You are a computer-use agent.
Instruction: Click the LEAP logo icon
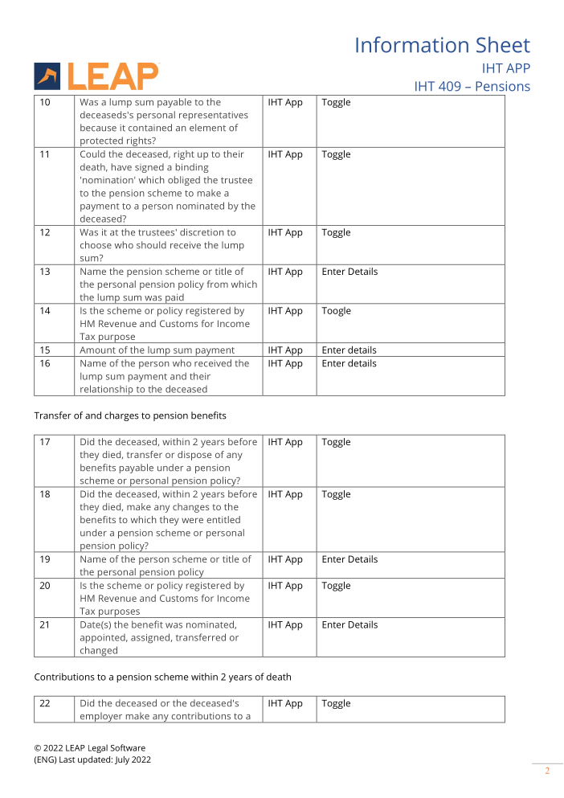[47, 76]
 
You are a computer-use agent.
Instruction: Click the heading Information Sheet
[442, 45]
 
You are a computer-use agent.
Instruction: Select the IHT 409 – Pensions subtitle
[472, 86]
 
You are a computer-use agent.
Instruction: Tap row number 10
[45, 103]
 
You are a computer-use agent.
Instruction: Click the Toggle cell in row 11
[336, 154]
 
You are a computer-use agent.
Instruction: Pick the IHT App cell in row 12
[285, 233]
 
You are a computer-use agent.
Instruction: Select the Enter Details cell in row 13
[349, 272]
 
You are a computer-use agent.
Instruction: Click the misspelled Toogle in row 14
[336, 311]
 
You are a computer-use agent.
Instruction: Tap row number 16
[45, 363]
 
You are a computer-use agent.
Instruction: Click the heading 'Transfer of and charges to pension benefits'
[130, 415]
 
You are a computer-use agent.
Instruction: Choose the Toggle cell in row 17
[336, 442]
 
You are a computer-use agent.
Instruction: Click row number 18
[45, 494]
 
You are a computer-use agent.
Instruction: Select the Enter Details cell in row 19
[349, 559]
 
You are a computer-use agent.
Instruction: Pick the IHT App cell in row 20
[285, 586]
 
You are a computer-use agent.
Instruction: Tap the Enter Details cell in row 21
[349, 624]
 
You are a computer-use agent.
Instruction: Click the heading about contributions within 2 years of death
[162, 677]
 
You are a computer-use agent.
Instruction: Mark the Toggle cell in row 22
[336, 703]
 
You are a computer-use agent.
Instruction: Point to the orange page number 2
[547, 771]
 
